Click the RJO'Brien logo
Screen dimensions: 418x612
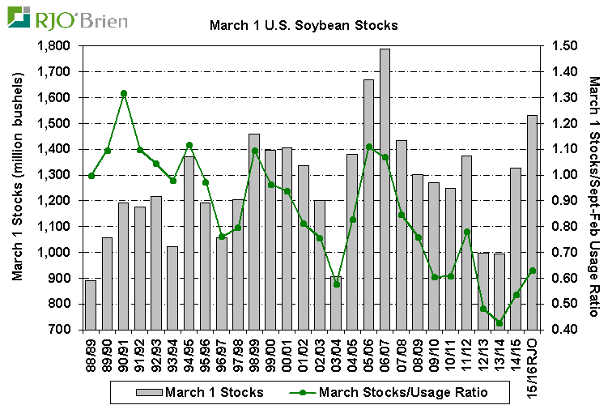point(70,17)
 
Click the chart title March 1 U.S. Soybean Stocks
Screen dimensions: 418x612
point(304,25)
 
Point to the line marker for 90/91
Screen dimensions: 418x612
point(124,94)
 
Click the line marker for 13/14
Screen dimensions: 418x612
point(499,323)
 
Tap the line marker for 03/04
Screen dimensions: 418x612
point(336,284)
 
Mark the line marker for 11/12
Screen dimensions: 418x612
point(467,232)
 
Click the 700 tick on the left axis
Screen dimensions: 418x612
point(61,330)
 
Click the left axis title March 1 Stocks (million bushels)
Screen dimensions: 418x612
point(17,188)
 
